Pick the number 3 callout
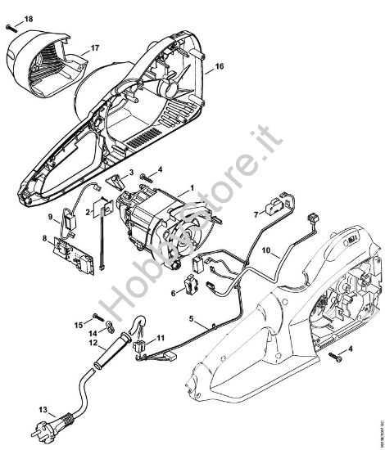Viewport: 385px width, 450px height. tap(129, 173)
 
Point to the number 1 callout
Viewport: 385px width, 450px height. tap(192, 189)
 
